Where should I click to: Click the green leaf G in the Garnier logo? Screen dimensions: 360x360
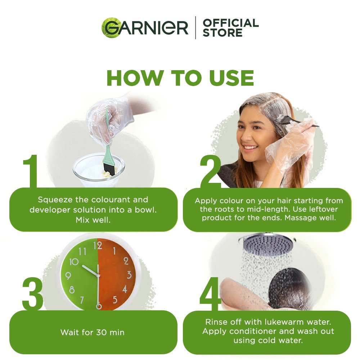112,27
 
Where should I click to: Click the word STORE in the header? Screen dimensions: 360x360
222,33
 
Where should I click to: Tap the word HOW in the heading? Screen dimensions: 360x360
135,78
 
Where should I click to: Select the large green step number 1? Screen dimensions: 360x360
31,171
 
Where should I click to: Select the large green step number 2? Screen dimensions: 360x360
210,171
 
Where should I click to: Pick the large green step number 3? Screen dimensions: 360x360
33,293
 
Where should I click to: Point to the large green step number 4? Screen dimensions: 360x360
210,293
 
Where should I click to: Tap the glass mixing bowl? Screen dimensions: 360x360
99,170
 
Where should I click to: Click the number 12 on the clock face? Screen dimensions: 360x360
98,246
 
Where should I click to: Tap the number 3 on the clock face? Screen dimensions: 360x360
129,275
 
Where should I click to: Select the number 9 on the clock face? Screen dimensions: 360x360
68,275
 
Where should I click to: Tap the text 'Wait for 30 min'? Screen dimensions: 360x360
92,332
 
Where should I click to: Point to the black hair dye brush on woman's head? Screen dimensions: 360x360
296,121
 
